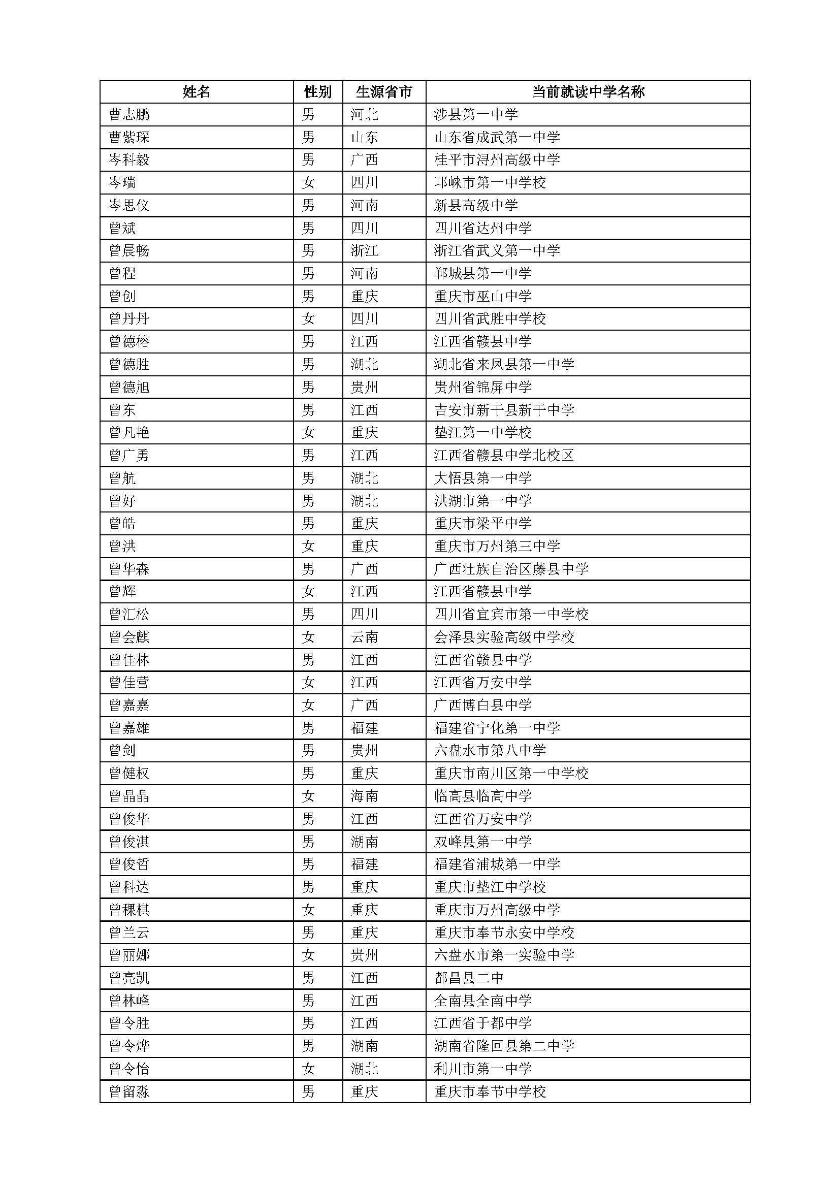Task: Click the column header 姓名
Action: coord(197,92)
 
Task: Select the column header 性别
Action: coord(317,92)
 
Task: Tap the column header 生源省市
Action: coord(384,92)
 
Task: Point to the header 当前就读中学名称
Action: coord(588,92)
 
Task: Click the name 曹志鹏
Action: coord(130,114)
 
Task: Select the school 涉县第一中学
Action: coord(476,114)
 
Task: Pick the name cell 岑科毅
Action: coord(130,160)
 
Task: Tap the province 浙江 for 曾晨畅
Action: coord(364,251)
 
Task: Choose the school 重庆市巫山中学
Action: coord(482,297)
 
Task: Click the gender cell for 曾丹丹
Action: coord(308,319)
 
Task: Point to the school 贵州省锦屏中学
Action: coord(482,387)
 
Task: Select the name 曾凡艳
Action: coord(130,433)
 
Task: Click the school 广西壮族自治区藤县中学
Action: coord(511,569)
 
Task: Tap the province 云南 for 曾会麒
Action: coord(364,637)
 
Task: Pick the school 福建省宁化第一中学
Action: coord(497,728)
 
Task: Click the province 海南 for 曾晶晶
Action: coord(364,796)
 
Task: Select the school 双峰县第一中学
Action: coord(482,842)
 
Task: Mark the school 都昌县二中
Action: coord(469,978)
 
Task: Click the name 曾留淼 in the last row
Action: coord(130,1092)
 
